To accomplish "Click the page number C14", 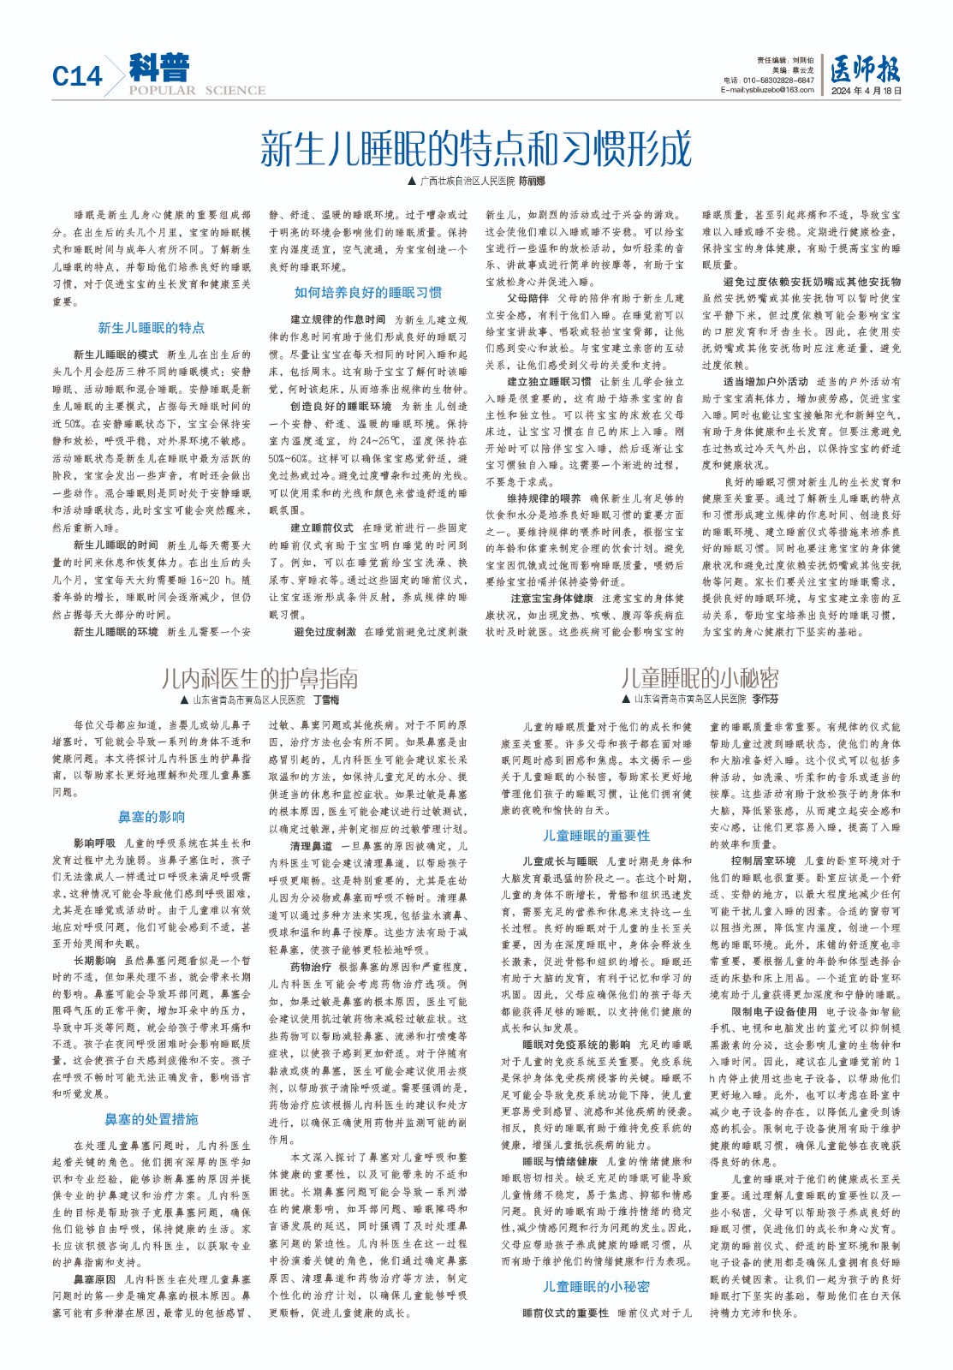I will pos(76,76).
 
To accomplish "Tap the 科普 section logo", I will pos(159,68).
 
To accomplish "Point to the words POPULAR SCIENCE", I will pos(197,90).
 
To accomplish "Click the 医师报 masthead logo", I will pos(865,68).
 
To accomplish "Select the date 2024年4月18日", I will pos(866,90).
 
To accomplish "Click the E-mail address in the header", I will pos(767,90).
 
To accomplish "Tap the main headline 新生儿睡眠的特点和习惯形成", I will pos(475,149).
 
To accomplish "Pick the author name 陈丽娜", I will pos(531,182).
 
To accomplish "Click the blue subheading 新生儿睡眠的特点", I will pos(152,328).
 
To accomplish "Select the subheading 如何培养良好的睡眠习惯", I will pos(368,293).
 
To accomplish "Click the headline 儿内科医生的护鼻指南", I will pos(259,679).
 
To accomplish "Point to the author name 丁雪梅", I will pos(326,700).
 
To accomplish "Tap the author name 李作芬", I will pos(765,700).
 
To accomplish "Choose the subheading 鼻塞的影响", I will pos(152,817).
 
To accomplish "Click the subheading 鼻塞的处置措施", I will pos(152,1119).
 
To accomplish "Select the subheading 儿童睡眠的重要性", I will pos(596,836).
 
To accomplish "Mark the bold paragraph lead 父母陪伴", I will pos(527,299).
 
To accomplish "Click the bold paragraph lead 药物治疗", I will pos(311,967).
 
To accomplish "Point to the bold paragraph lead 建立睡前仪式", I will pos(321,528).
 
